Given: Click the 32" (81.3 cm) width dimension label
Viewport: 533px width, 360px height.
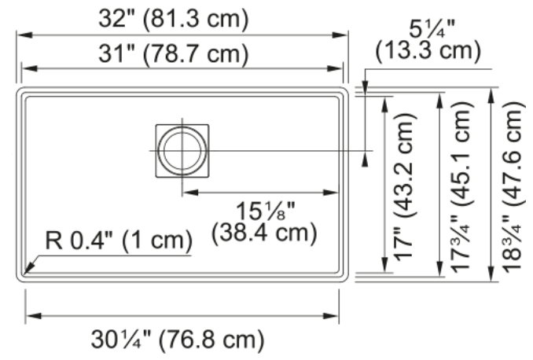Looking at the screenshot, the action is click(x=174, y=19).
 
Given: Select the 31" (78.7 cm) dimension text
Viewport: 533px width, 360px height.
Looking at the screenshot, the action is click(x=174, y=53).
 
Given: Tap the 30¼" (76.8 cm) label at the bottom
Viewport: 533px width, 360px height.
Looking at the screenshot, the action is click(x=178, y=339).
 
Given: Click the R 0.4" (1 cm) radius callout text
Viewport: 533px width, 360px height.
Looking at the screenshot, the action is click(x=119, y=241).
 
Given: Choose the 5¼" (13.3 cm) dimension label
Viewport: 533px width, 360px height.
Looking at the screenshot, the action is click(x=428, y=41).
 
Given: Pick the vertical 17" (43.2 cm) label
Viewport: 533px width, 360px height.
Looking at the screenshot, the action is click(x=404, y=187).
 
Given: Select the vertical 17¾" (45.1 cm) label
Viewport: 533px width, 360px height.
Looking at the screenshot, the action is click(x=461, y=187).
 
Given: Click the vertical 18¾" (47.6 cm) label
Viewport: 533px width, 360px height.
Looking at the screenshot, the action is click(x=513, y=187).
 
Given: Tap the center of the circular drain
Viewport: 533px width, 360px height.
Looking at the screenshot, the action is click(x=182, y=151).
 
